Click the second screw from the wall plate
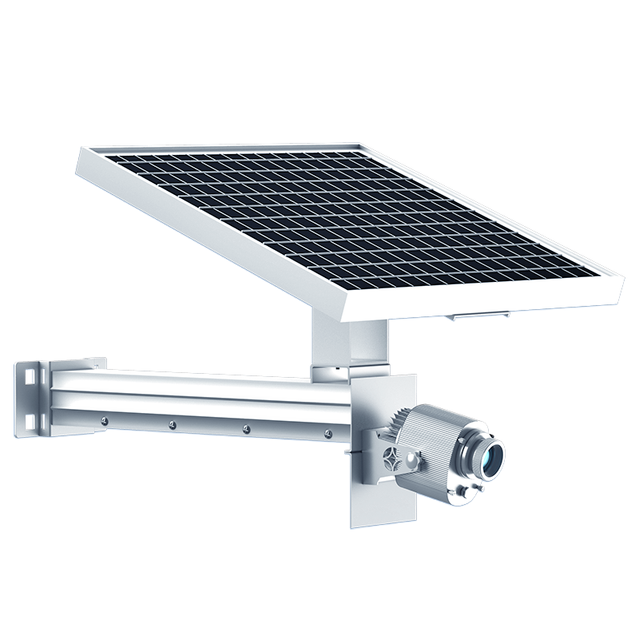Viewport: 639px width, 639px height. (x=172, y=425)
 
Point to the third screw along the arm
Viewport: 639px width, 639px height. (x=246, y=430)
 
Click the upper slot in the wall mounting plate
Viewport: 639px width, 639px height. (x=33, y=373)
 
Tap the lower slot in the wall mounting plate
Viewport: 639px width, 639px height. (x=32, y=421)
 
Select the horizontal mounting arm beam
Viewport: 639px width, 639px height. (x=200, y=395)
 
